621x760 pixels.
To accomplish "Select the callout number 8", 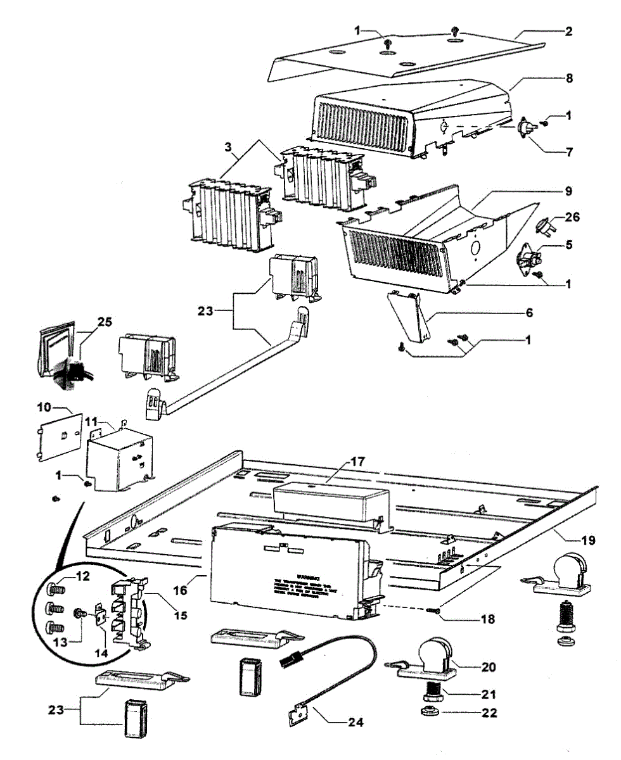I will coord(568,79).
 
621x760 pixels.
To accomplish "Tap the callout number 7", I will coord(568,151).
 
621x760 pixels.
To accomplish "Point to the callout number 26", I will coord(572,217).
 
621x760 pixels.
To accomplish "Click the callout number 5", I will coord(568,244).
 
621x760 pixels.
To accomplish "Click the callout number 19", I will coord(587,540).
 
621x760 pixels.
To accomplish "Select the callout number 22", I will coord(489,712).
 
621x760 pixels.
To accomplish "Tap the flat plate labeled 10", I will coord(59,436).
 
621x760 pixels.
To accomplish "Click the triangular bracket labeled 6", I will coord(411,317).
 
